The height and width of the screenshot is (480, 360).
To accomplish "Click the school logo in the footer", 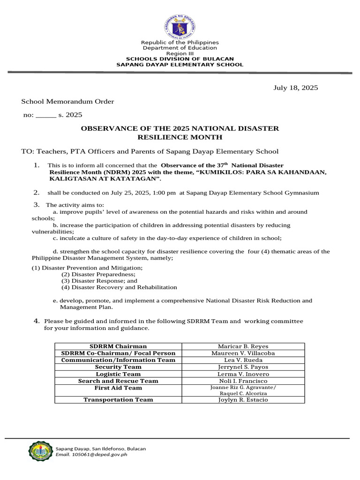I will click(x=40, y=451).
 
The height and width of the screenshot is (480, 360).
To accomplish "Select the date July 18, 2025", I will click(x=295, y=88).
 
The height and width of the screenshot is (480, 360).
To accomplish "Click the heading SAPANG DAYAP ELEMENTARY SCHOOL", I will click(x=180, y=65).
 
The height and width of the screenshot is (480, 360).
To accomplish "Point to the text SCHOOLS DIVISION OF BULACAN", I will click(x=180, y=59).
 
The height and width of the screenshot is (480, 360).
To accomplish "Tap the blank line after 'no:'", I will click(x=45, y=115).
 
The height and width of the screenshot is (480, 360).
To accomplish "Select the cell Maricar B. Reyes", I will click(x=243, y=346).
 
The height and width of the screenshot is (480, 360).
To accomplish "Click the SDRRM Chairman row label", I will click(x=118, y=346).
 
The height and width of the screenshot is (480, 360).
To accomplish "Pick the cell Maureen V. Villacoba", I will click(x=243, y=353).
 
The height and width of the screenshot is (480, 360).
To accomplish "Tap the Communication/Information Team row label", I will click(x=118, y=360).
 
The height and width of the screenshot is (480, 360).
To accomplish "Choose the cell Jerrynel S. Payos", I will click(x=243, y=367).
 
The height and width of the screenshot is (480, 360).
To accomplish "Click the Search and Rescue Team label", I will click(x=118, y=381).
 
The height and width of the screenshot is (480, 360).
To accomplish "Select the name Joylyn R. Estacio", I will click(x=243, y=400).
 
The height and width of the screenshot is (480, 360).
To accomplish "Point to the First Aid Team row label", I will click(x=118, y=388).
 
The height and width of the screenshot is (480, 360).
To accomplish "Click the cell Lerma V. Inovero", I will click(x=243, y=374).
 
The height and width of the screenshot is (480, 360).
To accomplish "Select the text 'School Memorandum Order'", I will click(x=67, y=102).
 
